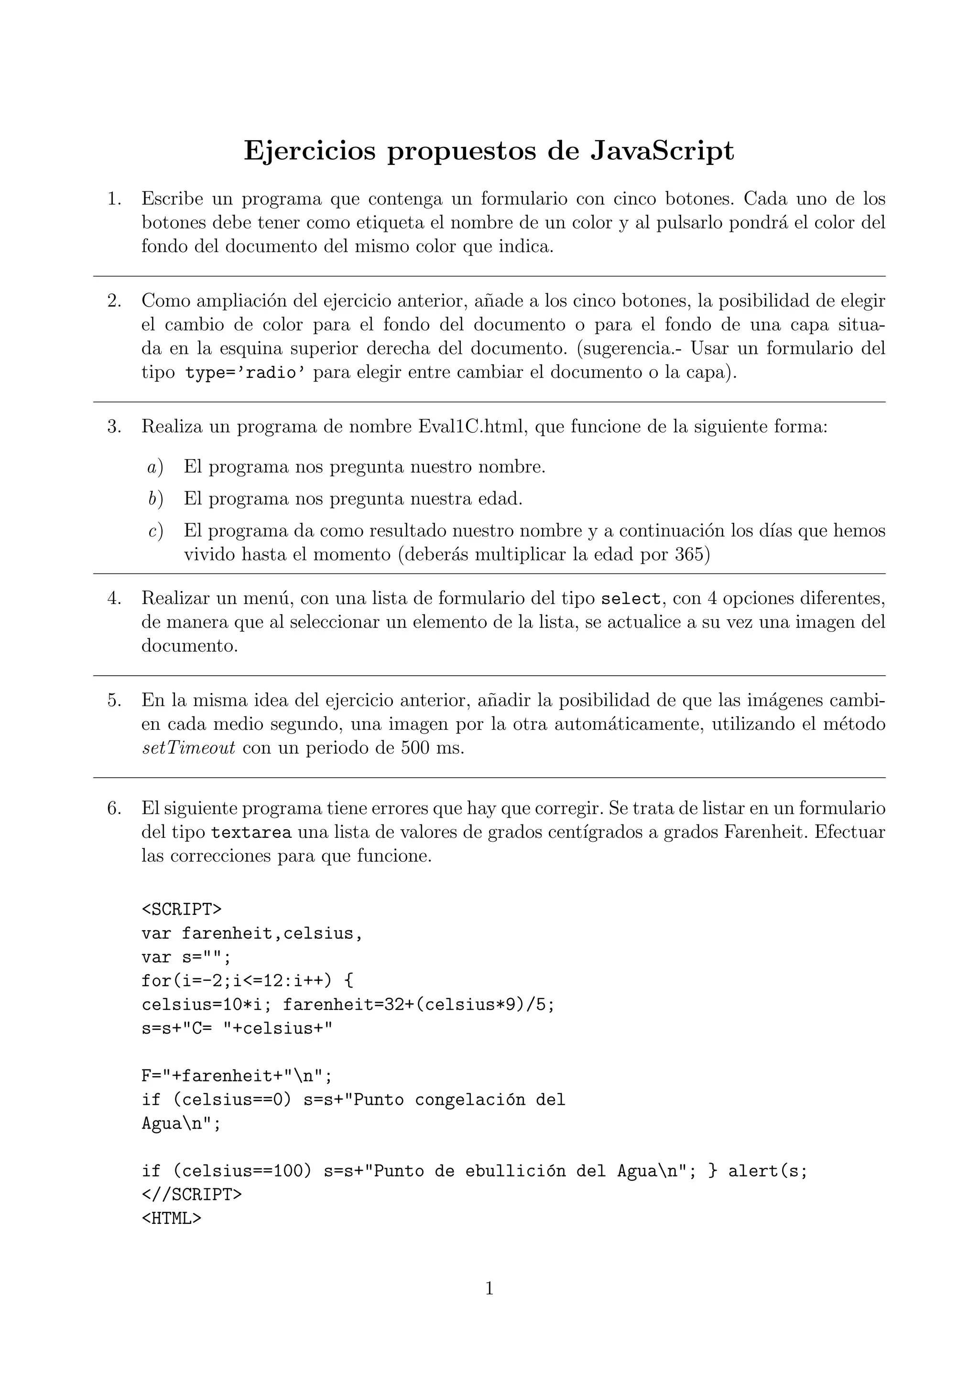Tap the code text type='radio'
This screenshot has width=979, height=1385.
[x=245, y=373]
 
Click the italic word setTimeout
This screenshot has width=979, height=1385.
[x=188, y=748]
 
